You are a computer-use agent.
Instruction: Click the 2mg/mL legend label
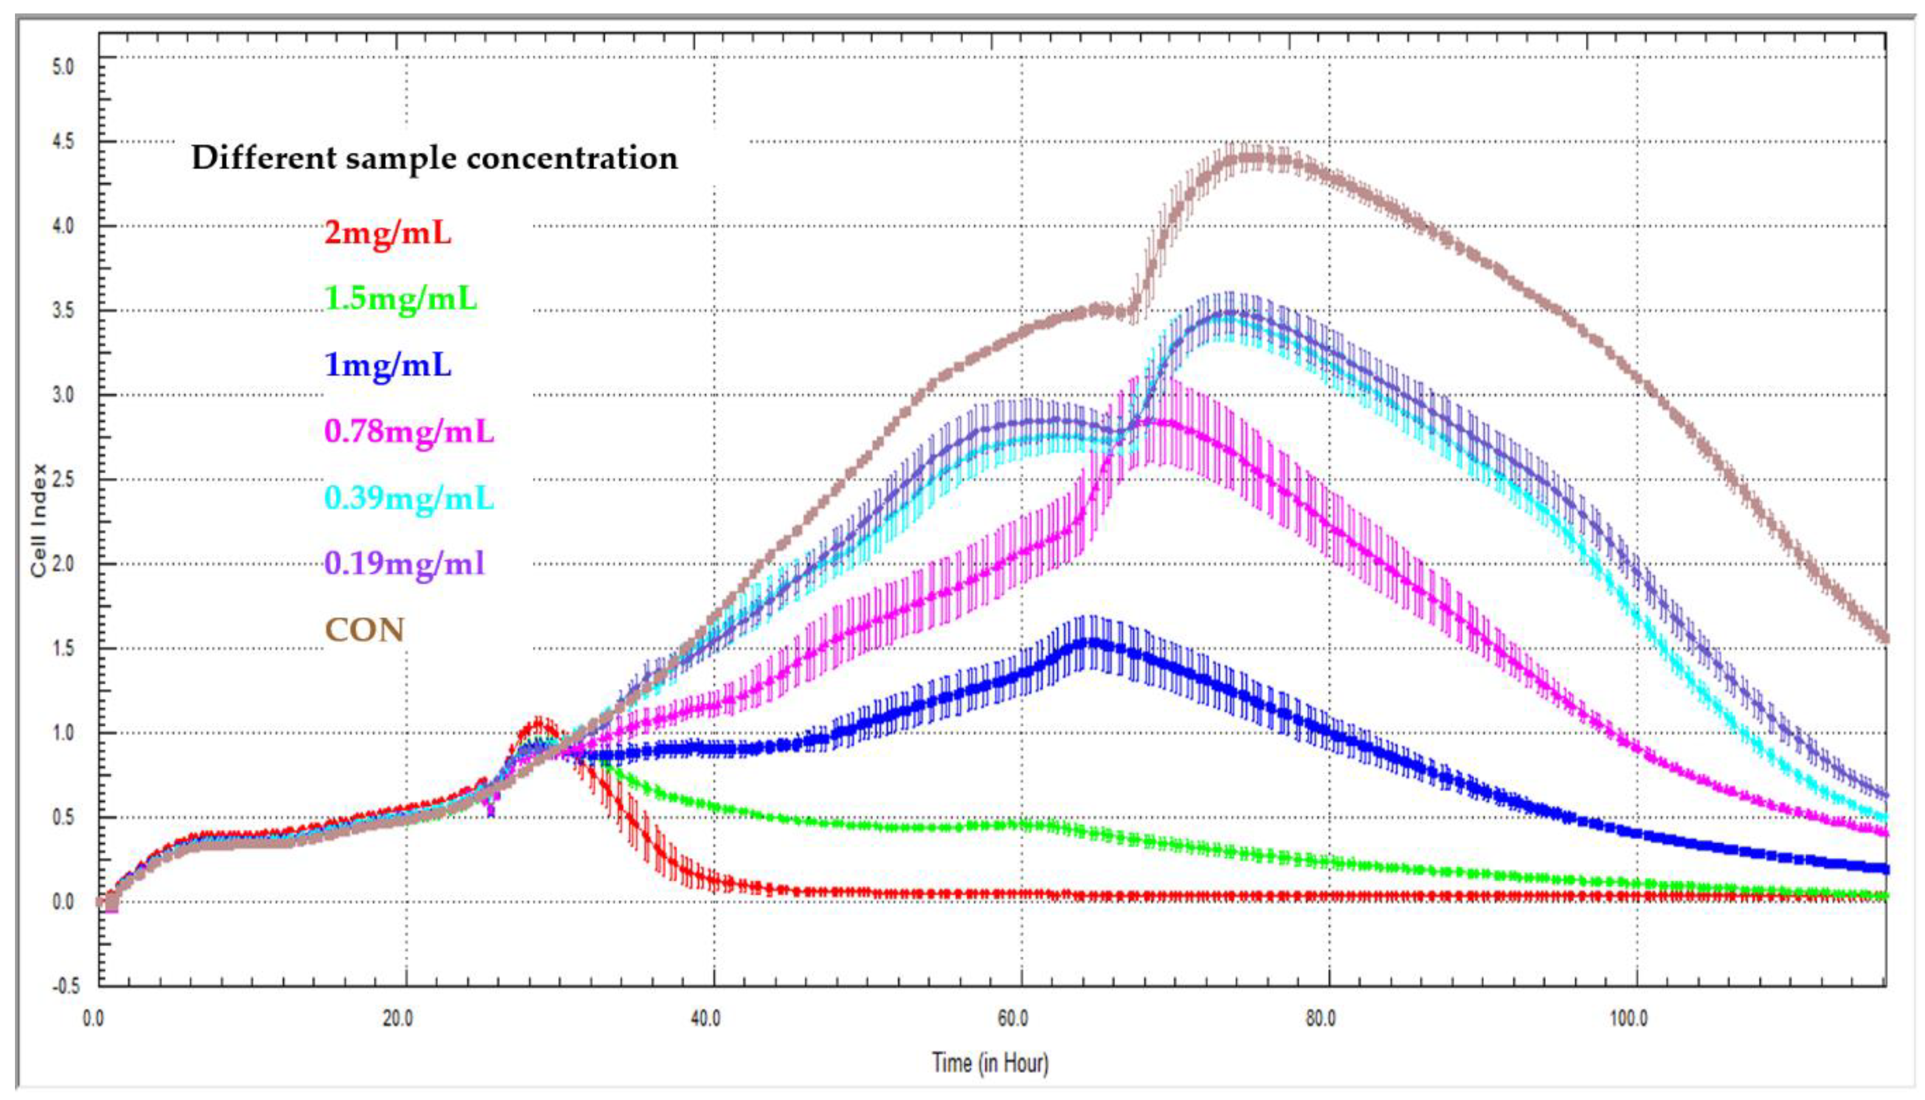(x=388, y=233)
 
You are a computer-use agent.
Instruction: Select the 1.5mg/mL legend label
(x=401, y=299)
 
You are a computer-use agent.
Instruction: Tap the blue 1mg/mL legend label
(x=388, y=365)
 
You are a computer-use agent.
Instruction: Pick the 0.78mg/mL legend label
(x=409, y=432)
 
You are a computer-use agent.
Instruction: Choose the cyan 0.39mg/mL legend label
(x=409, y=498)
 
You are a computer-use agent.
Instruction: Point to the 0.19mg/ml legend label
(x=404, y=564)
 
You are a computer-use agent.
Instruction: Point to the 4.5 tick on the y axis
(x=64, y=142)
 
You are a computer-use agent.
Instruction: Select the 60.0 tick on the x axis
(x=1013, y=1018)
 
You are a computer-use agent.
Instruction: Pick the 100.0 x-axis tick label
(x=1628, y=1018)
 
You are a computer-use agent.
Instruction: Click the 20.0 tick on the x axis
(x=398, y=1018)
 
